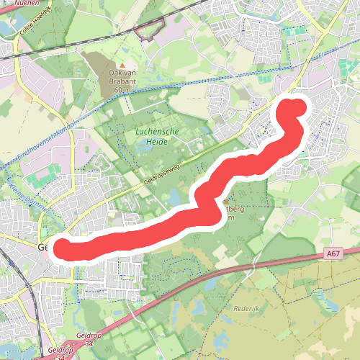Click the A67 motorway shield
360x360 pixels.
point(332,253)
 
